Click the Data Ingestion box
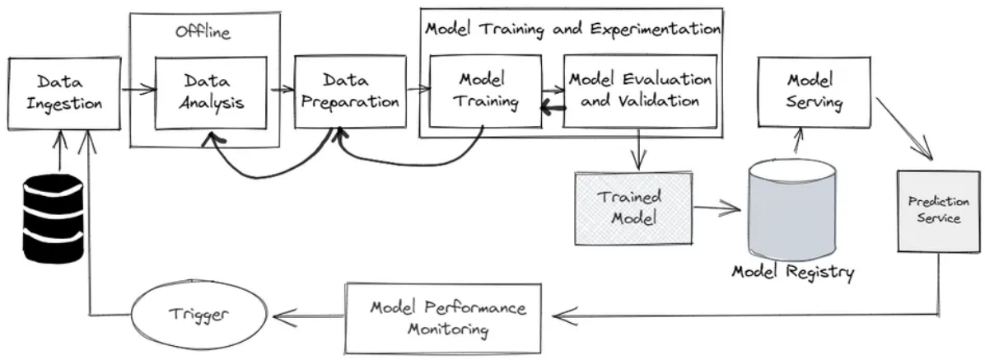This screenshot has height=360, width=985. click(64, 94)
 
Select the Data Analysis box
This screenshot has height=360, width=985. click(211, 92)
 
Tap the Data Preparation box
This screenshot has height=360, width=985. click(351, 91)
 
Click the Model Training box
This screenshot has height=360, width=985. click(486, 91)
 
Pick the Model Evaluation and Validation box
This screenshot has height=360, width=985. click(639, 91)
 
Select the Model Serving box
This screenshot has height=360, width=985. click(815, 91)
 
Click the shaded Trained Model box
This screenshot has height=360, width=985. click(633, 208)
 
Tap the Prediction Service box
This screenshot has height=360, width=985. click(939, 211)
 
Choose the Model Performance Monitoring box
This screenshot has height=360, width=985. click(443, 318)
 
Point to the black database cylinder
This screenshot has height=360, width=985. click(53, 219)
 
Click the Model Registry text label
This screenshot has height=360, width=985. click(793, 272)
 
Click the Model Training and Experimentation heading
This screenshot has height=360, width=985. click(572, 29)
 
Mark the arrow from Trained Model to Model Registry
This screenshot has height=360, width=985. click(717, 207)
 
